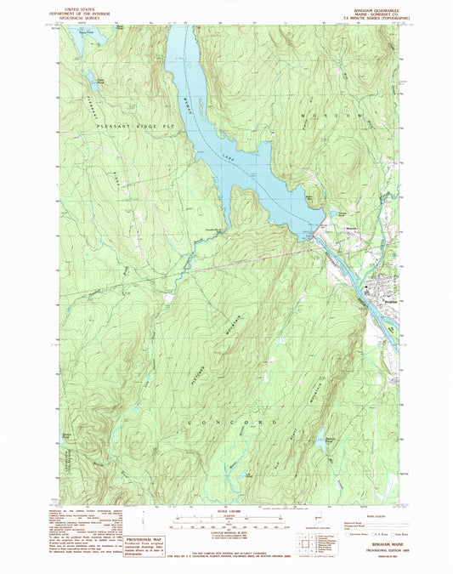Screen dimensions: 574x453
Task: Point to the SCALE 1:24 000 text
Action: coord(224,513)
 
